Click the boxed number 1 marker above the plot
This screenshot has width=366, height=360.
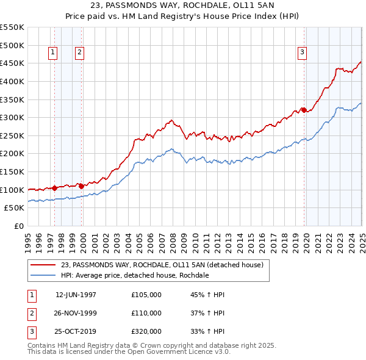tap(53, 53)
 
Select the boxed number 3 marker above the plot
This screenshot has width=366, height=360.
tap(302, 53)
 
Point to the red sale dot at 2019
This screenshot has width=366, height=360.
tap(304, 110)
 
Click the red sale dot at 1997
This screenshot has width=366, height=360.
tap(54, 188)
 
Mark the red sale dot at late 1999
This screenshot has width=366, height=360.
tap(82, 186)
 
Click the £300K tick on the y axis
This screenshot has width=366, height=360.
tap(12, 117)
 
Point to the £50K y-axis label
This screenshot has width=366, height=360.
tap(15, 207)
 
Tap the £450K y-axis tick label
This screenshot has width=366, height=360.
tap(12, 63)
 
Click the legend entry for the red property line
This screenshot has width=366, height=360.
tap(162, 265)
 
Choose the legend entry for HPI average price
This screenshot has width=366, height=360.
tap(135, 276)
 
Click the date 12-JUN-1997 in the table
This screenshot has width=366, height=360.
tap(76, 295)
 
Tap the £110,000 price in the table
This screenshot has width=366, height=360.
tap(146, 313)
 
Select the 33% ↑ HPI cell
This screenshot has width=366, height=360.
tap(208, 331)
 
